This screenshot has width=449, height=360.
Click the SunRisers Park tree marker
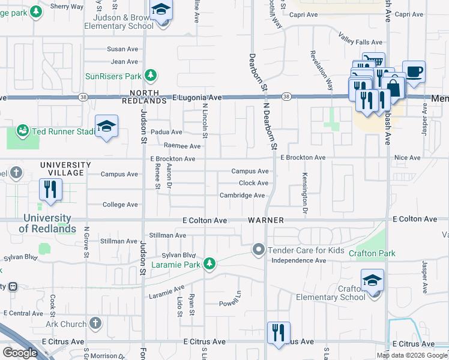tap(151, 76)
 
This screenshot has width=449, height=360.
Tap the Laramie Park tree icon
tap(209, 264)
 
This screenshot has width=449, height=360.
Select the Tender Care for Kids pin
tap(259, 249)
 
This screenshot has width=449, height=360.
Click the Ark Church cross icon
tap(95, 324)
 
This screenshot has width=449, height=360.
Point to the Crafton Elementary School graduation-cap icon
tap(372, 280)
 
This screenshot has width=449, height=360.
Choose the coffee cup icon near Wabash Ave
tap(414, 73)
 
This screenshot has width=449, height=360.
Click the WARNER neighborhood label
tap(265, 220)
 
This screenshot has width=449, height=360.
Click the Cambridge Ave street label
tap(242, 196)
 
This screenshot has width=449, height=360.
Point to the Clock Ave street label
tap(253, 183)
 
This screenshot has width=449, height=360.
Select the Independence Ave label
tap(298, 260)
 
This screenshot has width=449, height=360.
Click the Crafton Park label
tap(372, 254)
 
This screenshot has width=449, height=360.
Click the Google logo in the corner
tap(20, 352)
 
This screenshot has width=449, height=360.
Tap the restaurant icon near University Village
tap(50, 190)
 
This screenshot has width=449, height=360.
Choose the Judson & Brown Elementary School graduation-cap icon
tap(161, 10)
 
